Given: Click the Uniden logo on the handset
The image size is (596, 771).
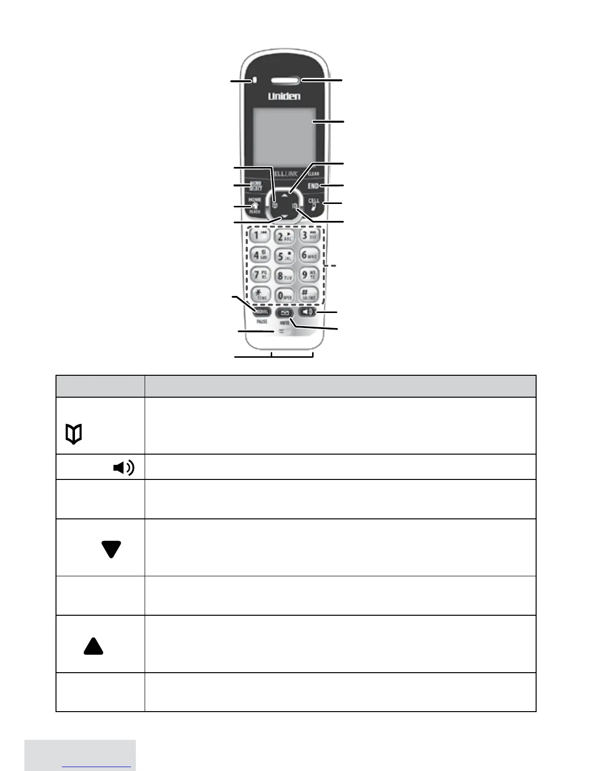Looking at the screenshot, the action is [x=284, y=96].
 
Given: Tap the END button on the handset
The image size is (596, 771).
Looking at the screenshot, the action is [x=313, y=186].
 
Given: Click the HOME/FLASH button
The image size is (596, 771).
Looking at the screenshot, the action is [x=255, y=205].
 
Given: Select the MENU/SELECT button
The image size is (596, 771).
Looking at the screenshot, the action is [x=255, y=185].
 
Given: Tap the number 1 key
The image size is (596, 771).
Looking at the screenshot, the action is [x=260, y=237].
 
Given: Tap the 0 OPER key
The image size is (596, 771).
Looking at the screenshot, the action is [x=284, y=295].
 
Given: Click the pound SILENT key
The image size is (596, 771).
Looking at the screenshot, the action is [x=308, y=294].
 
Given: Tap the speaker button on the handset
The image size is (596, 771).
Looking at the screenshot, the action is [x=308, y=312].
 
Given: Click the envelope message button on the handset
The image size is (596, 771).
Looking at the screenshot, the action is [x=285, y=313].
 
